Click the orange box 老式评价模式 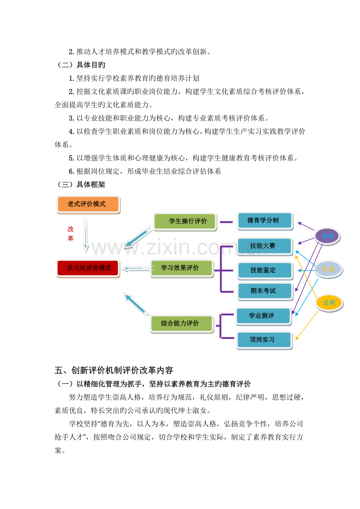[x=88, y=204]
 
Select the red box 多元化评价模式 [x=88, y=268]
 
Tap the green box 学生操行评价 [x=185, y=222]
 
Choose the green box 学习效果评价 [x=182, y=268]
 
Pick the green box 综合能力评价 [x=182, y=324]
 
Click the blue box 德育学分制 [x=265, y=221]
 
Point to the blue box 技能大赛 [x=265, y=246]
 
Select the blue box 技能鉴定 [x=265, y=271]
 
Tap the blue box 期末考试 [x=265, y=291]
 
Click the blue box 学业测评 [x=264, y=316]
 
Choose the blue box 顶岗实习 [x=264, y=340]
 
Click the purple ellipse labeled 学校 [x=327, y=236]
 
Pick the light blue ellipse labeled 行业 [x=329, y=269]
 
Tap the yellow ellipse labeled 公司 [x=329, y=303]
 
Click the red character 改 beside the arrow [x=70, y=229]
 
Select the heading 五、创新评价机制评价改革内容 [x=114, y=370]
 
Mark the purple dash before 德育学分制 [x=226, y=222]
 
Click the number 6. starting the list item [x=71, y=171]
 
